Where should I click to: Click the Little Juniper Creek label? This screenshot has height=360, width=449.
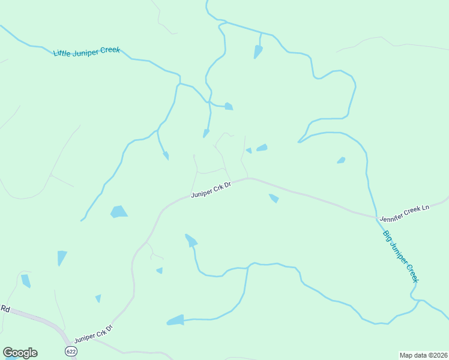[x=86, y=51]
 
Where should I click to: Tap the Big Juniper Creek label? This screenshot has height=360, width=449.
[x=400, y=256]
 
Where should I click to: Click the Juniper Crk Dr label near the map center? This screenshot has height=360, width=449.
[x=211, y=190]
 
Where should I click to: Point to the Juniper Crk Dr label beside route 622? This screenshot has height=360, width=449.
[x=93, y=334]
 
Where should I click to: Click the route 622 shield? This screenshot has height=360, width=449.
[x=71, y=351]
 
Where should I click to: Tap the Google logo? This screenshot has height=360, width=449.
[x=20, y=353]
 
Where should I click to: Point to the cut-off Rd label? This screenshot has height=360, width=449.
[x=5, y=309]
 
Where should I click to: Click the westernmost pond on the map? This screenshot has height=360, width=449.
[x=25, y=280]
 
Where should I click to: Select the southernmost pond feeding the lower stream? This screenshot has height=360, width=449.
[x=175, y=320]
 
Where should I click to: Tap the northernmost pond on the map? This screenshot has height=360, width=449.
[x=258, y=52]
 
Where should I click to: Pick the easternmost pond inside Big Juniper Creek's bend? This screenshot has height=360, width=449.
[x=341, y=160]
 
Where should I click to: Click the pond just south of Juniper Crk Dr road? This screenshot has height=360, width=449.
[x=274, y=198]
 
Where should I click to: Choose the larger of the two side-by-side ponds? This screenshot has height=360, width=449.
[x=262, y=148]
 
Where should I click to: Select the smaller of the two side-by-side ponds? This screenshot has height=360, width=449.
[x=249, y=151]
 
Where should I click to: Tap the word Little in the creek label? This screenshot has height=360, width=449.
[x=62, y=53]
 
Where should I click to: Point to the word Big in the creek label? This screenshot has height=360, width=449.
[x=387, y=236]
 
